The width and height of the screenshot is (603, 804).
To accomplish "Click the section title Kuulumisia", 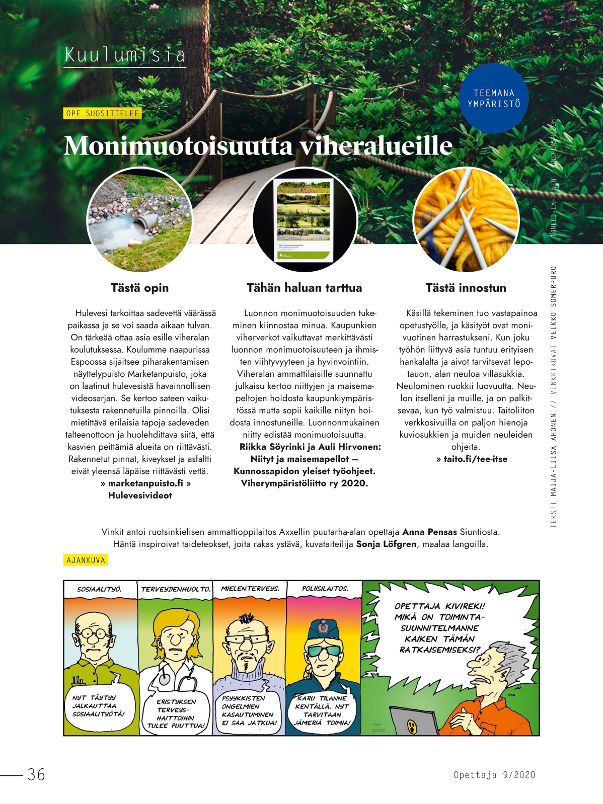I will pos(125,55).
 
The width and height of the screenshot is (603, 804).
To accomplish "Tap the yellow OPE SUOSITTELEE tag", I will pos(102,114).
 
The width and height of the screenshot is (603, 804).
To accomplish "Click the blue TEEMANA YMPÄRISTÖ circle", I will pos(493,99).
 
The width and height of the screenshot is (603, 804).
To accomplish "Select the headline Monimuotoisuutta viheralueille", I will pos(258,146).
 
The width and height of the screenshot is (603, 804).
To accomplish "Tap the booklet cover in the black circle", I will pos(304,220).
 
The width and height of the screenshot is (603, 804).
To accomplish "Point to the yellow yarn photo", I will pos(466,220).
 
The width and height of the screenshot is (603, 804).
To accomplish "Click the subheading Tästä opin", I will pos(139,288).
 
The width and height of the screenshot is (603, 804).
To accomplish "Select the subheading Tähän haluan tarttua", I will pos(304,288).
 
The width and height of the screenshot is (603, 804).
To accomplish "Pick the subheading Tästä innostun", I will pos(466,288).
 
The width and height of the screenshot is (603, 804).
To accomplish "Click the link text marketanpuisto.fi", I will pos(145,483).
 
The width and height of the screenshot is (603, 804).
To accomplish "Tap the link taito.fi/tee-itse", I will pos(475,459).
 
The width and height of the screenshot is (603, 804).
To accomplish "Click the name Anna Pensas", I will pos(429,532).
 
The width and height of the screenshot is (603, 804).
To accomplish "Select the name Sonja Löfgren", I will pos(386,544).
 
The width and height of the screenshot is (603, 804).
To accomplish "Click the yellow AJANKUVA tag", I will pos(86,560).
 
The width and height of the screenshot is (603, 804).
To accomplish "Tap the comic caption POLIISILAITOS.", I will pos(325,589).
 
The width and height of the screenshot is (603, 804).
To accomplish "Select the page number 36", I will pos(36,774).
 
